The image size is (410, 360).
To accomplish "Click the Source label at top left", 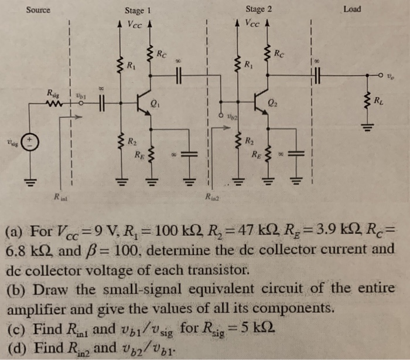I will point(38,9).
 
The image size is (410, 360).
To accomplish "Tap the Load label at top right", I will point(352,9).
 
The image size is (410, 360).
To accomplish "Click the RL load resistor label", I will point(384,106).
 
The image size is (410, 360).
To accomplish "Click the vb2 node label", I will point(232,117).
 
